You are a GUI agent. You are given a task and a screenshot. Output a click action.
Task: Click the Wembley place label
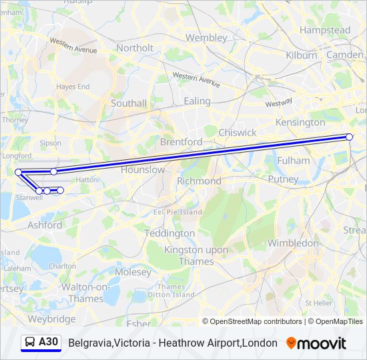click(x=206, y=37)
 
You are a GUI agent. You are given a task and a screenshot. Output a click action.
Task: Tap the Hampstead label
click(x=325, y=30)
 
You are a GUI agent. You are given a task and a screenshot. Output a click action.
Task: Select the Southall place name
click(x=129, y=103)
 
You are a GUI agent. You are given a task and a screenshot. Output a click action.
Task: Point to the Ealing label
click(x=197, y=101)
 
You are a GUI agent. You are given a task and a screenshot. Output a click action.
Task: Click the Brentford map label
click(x=181, y=142)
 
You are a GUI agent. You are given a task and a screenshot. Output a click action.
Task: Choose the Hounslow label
click(x=142, y=169)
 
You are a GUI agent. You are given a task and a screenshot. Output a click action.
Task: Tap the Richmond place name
click(x=199, y=181)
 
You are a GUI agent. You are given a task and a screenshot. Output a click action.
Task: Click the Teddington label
click(x=170, y=233)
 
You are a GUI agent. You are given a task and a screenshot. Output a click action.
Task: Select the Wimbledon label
click(x=294, y=243)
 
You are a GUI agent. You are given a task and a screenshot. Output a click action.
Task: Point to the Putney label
click(x=283, y=179)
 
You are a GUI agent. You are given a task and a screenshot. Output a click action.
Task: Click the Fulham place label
click(x=294, y=160)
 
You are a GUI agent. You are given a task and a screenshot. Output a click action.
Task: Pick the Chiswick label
click(x=237, y=133)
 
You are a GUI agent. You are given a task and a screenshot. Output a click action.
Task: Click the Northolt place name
click(x=134, y=48)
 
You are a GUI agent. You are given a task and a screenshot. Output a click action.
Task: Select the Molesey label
click(x=133, y=272)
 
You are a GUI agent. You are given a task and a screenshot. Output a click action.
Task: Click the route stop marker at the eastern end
click(x=349, y=137)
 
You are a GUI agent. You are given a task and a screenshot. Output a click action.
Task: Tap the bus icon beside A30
click(x=30, y=343)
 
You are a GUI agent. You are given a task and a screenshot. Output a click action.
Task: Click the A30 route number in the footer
click(x=49, y=343)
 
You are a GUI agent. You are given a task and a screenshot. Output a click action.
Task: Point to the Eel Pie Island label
click(x=177, y=212)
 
